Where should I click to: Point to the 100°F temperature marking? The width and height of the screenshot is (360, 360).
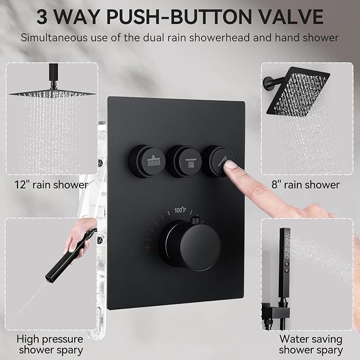pos(180,210)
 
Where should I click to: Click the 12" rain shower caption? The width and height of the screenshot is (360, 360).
pos(51,185)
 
